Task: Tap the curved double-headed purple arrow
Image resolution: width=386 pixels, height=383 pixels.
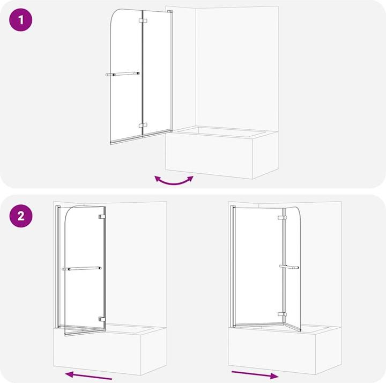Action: point(174,181)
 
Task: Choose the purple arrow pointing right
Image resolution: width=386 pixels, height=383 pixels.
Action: point(255,373)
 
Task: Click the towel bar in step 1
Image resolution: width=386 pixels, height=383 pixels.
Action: point(123,74)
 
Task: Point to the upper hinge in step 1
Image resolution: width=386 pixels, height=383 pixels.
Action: point(143,21)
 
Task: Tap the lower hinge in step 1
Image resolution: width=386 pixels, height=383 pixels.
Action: point(143,126)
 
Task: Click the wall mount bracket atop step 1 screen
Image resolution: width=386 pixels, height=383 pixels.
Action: point(169,11)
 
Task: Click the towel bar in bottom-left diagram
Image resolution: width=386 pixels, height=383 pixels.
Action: point(81,268)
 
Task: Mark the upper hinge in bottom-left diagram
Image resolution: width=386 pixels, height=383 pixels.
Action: point(101,217)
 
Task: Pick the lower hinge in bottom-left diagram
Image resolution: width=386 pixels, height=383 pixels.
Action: point(101,319)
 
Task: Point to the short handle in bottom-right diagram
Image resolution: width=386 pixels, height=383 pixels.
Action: point(289,267)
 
